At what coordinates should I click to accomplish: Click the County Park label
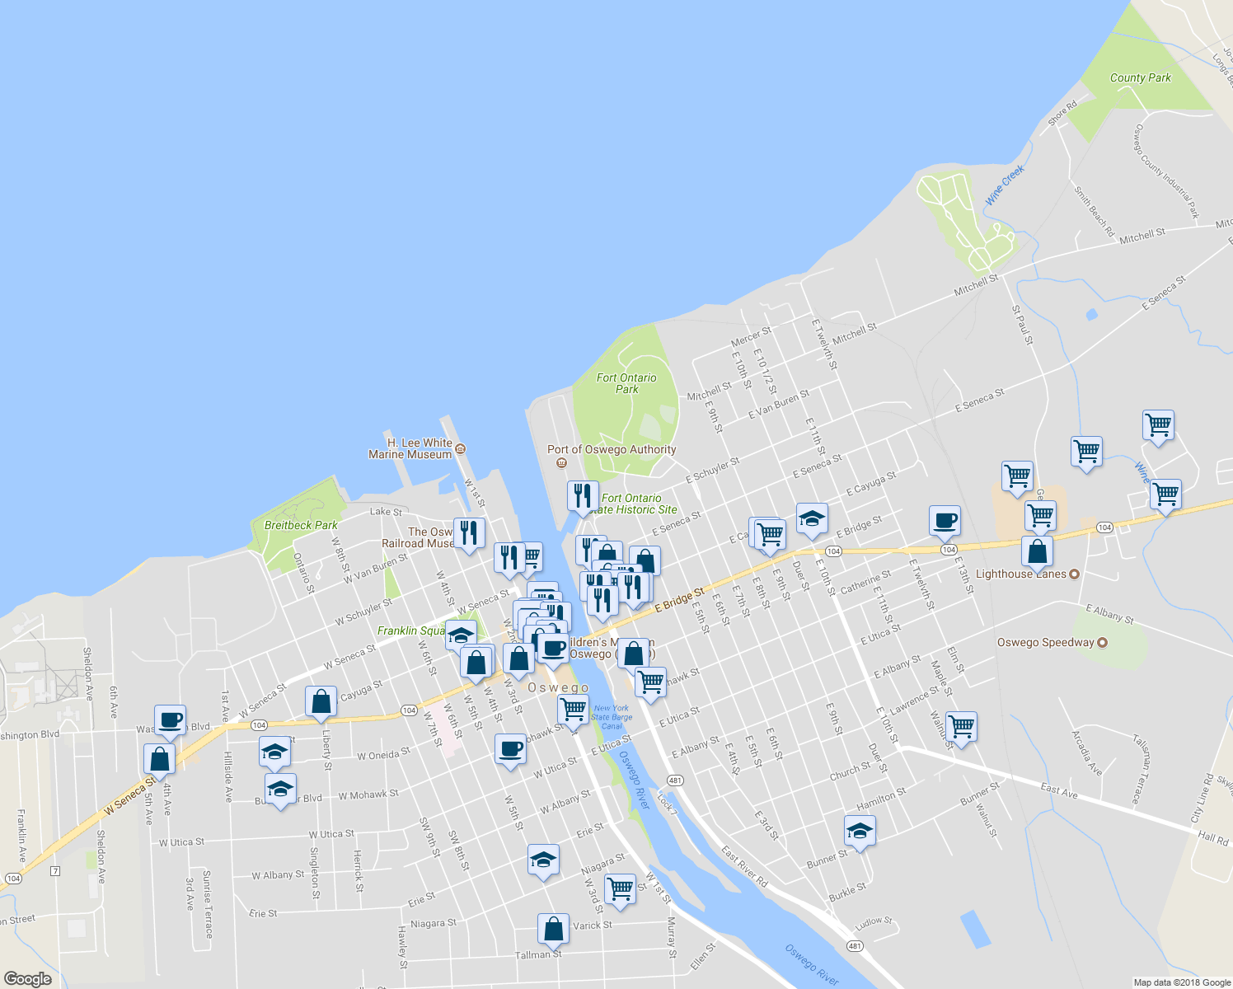point(1140,77)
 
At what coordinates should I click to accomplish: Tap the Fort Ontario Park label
point(626,383)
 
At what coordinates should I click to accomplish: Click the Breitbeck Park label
point(301,525)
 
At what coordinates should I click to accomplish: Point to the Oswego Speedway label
point(1045,642)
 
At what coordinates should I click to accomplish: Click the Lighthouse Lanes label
point(1020,574)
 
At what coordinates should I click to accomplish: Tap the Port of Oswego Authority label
point(612,450)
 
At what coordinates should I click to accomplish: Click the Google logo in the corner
point(27,979)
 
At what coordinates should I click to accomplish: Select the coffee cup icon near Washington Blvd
point(170,720)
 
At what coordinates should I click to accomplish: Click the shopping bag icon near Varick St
point(554,928)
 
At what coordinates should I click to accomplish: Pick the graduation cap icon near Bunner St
point(860,831)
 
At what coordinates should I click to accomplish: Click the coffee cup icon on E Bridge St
point(945,521)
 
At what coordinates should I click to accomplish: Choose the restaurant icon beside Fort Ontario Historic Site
point(583,496)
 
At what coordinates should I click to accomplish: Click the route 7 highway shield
point(55,871)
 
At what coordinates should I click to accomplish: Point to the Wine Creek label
point(1005,185)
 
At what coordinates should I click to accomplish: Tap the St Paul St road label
point(1021,325)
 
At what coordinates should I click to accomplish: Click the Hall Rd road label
point(1212,838)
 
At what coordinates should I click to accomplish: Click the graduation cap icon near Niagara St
point(543,860)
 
